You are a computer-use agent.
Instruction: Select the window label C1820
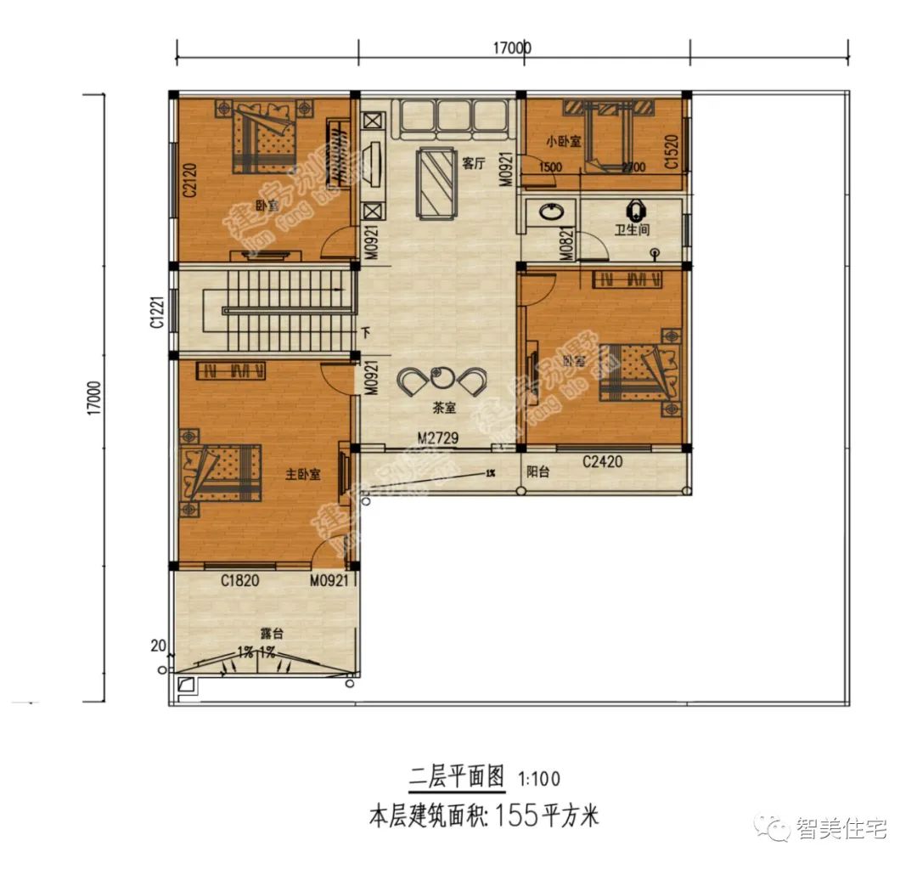pos(239,581)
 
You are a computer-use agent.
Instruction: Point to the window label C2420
pos(602,463)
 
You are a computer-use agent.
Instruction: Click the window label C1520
pos(671,151)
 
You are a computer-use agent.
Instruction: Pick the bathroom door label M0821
pos(566,243)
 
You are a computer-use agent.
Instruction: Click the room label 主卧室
pos(303,475)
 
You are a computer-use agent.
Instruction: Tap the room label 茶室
pos(444,408)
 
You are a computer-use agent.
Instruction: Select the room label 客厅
pos(474,164)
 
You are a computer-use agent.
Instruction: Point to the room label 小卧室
pos(563,141)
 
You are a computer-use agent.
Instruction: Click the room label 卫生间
pos(633,229)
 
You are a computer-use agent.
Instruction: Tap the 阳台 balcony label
pos(537,472)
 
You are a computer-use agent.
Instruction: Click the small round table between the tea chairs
pos(443,375)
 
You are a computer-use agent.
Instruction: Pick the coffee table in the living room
pos(439,181)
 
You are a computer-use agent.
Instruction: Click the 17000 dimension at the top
pos(511,48)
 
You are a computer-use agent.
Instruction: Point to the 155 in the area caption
pos(519,818)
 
